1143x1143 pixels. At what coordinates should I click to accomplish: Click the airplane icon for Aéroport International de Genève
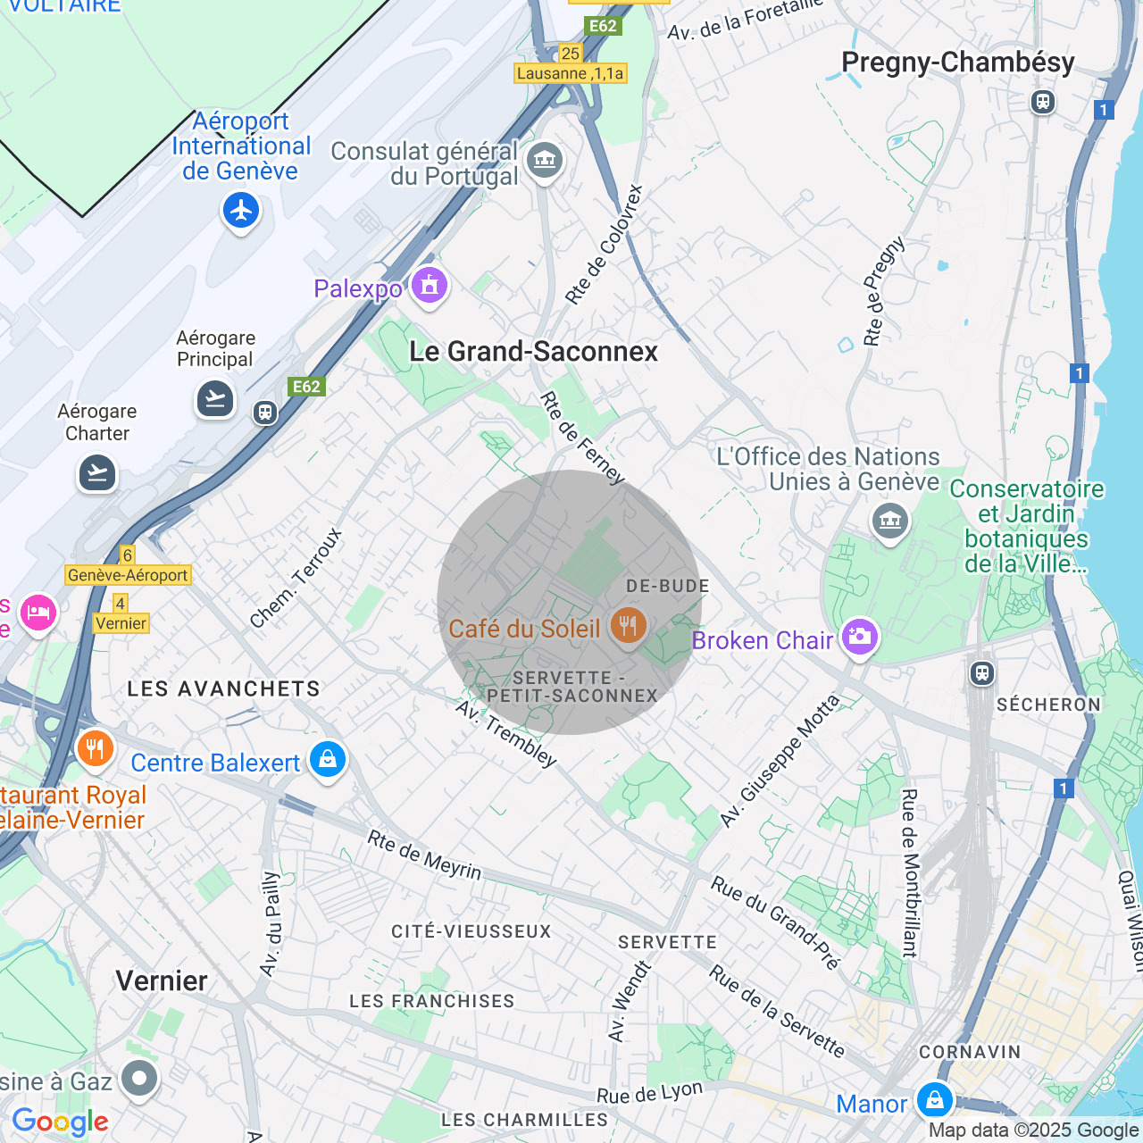pos(241,212)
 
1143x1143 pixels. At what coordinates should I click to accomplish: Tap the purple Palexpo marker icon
pos(430,287)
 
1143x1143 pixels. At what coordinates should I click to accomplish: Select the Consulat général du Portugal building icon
pos(545,162)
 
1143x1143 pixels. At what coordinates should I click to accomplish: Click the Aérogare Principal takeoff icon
pos(215,398)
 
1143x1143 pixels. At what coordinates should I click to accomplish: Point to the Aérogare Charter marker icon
pos(97,472)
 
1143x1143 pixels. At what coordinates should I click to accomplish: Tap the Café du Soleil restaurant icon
pos(629,626)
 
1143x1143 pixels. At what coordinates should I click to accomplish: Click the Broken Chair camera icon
pos(859,637)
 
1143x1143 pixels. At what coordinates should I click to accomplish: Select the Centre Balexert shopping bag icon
pos(328,760)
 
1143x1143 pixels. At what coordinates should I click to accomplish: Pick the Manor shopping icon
pos(935,1100)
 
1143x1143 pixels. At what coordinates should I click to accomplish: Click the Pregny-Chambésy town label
pos(958,63)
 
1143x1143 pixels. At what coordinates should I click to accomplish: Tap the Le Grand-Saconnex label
pos(533,352)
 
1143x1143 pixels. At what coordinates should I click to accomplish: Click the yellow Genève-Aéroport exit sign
pos(128,575)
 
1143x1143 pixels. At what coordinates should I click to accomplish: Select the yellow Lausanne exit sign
pos(571,73)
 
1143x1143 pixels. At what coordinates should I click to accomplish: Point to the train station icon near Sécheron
pos(982,672)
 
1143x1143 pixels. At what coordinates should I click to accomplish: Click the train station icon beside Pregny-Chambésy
pos(1043,101)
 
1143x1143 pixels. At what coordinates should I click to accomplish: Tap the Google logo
pos(60,1122)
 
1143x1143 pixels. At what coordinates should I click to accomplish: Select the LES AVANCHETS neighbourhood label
pos(223,688)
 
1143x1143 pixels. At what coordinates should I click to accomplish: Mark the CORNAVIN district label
pos(970,1052)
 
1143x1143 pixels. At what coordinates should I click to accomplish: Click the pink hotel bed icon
pos(38,613)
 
